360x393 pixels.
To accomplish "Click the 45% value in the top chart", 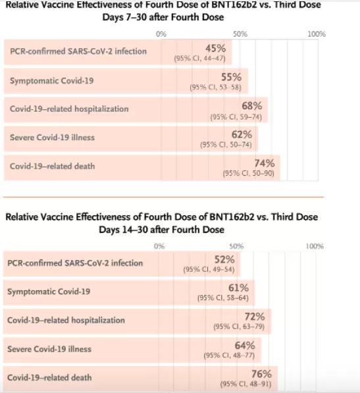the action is coord(216,48).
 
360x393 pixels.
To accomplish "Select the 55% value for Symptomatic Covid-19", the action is coord(231,77).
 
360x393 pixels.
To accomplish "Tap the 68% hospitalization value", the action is coord(252,106).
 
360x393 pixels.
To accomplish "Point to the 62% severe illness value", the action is coord(242,134).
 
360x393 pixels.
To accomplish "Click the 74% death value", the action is coord(265,163).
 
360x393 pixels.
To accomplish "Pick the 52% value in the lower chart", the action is coord(224,259).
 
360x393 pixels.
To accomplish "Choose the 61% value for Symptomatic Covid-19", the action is coord(238,288).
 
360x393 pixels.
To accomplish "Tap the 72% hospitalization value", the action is coord(255,317).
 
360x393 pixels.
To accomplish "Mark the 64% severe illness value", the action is coord(245,346).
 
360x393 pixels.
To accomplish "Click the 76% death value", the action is coord(261,374).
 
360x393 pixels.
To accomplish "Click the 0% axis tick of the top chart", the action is coord(161,34).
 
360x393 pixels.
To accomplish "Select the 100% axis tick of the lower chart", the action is coord(315,246).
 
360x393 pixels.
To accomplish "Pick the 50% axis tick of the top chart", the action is coord(240,34).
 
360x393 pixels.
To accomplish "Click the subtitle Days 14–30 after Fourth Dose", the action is coord(162,230).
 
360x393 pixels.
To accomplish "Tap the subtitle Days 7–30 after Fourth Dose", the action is coord(163,17).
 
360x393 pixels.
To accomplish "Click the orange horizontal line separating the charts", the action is coord(163,197).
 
